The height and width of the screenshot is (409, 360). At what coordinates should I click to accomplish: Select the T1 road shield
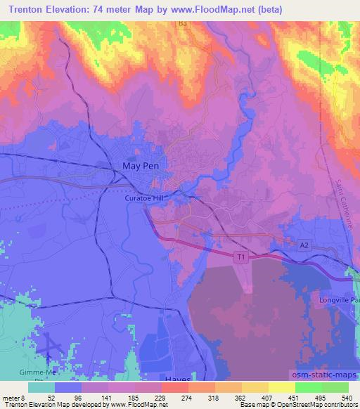pos(240,258)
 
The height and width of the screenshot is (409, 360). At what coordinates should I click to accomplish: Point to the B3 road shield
pos(184,23)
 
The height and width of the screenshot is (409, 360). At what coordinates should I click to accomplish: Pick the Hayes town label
pos(177,379)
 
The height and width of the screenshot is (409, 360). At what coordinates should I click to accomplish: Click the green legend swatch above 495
pos(308,387)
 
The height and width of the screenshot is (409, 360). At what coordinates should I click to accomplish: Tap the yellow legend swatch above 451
pos(282,387)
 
